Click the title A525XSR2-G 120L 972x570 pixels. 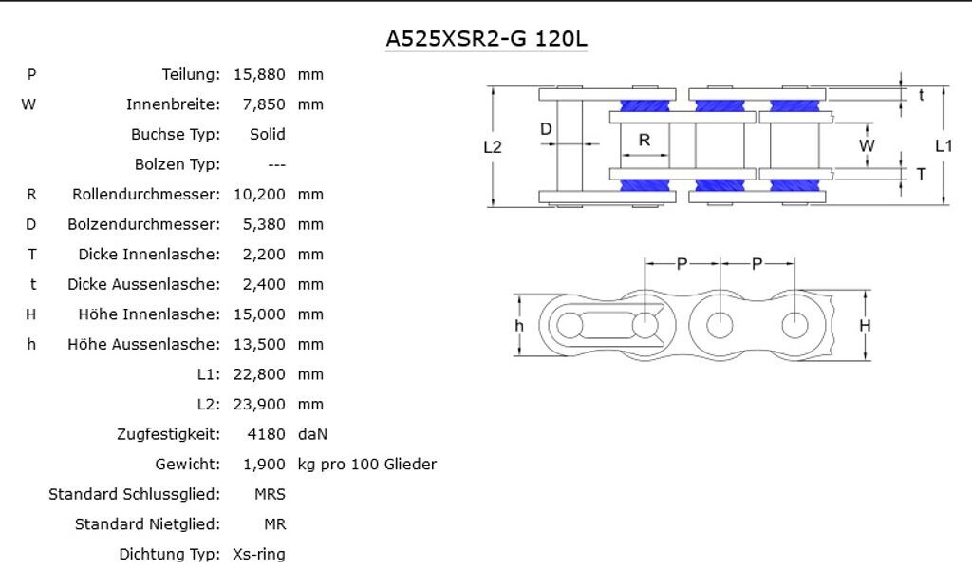(x=486, y=39)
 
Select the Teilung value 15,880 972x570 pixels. (x=258, y=74)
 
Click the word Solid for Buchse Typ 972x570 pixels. (x=267, y=134)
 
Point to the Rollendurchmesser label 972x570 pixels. (x=145, y=194)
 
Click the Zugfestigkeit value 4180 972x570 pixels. (x=266, y=434)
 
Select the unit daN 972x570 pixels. (x=312, y=434)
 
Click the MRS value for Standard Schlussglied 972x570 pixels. (x=270, y=494)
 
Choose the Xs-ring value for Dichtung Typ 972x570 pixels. (x=258, y=554)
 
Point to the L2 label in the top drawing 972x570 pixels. (x=493, y=146)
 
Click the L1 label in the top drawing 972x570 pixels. (x=943, y=145)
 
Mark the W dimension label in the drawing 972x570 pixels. (x=867, y=145)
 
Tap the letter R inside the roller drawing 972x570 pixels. (x=645, y=141)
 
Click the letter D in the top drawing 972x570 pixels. (x=546, y=129)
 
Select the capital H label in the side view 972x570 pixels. (x=865, y=326)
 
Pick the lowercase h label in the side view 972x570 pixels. (x=519, y=326)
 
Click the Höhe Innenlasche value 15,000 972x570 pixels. (x=258, y=314)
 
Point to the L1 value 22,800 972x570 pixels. (x=258, y=374)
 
